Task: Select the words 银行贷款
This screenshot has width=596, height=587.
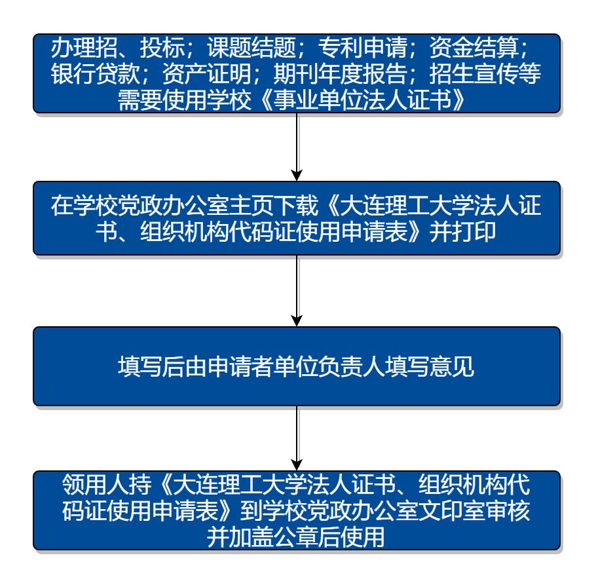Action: click(96, 73)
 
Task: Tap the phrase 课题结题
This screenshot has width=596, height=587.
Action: click(251, 48)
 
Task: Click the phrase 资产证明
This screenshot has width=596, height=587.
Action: click(207, 73)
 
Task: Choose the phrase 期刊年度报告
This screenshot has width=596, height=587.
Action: click(340, 73)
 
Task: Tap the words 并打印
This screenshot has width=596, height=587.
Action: click(462, 231)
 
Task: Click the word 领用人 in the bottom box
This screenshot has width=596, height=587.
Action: click(96, 484)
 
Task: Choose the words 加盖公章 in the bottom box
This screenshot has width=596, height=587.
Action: click(273, 537)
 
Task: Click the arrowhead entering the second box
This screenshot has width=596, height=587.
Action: click(297, 176)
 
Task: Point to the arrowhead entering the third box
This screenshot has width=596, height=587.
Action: click(297, 321)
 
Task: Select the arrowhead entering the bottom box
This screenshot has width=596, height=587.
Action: click(297, 465)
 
